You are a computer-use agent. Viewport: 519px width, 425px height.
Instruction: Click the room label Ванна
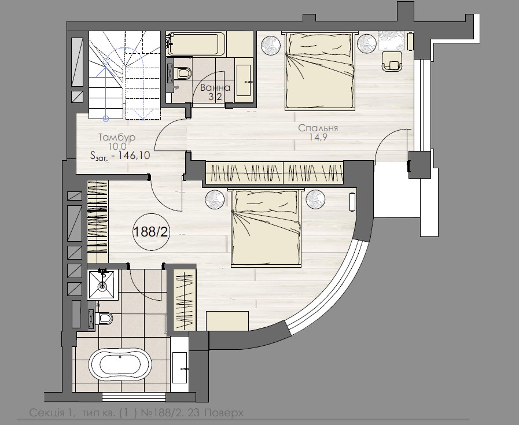point(215,88)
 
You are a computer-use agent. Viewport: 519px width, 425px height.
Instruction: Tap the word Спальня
point(318,128)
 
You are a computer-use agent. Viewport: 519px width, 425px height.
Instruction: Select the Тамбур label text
point(117,138)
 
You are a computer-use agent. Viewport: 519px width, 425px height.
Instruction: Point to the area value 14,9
point(318,138)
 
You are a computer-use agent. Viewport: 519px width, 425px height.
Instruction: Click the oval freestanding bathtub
point(120,365)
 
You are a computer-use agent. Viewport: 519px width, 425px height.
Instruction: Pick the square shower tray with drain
point(102,284)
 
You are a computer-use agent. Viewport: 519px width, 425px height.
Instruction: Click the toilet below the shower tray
point(102,318)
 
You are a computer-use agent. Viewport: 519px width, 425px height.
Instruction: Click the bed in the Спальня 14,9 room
point(318,69)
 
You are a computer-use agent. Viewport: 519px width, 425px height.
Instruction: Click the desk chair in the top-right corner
point(392,60)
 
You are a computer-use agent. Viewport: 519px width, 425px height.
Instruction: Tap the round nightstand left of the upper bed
point(269,45)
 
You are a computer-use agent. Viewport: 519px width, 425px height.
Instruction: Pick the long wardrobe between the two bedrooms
point(275,173)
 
